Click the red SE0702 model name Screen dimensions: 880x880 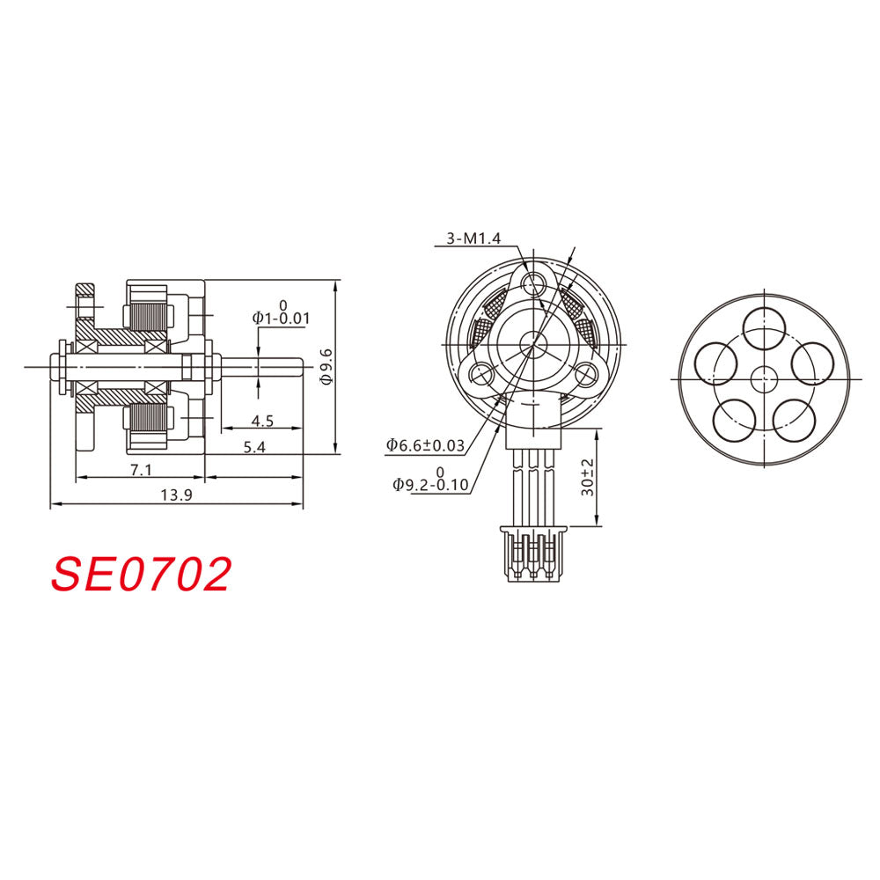(141, 574)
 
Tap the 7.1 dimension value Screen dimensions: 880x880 (140, 470)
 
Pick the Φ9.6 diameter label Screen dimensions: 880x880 (326, 366)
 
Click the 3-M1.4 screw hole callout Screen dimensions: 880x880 (473, 238)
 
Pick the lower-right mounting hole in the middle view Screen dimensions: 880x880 (585, 375)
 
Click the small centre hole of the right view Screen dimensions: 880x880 (762, 378)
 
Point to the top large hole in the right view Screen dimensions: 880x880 (762, 328)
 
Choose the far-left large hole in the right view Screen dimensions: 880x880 (714, 362)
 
